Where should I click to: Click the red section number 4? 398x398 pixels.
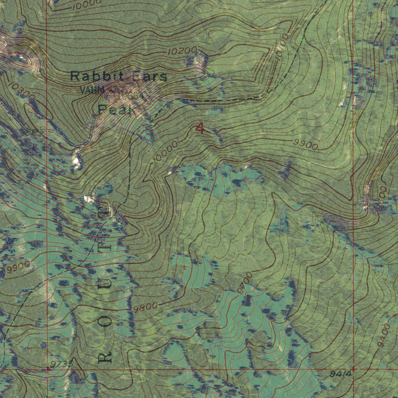tap(200, 127)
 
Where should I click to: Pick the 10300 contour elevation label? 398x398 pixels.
tap(21, 91)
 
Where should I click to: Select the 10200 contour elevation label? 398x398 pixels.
tap(182, 51)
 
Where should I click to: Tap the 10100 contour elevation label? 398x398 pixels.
tap(283, 46)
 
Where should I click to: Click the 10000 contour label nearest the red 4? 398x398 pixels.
tap(165, 152)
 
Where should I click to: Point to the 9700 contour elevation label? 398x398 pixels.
tap(245, 283)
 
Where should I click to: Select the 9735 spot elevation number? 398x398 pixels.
tap(61, 363)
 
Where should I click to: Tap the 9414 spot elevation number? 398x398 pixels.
tap(340, 374)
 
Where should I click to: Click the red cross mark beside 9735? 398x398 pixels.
tap(47, 370)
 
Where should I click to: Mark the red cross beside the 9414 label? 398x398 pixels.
tap(353, 368)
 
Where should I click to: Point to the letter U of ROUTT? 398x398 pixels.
tap(105, 285)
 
